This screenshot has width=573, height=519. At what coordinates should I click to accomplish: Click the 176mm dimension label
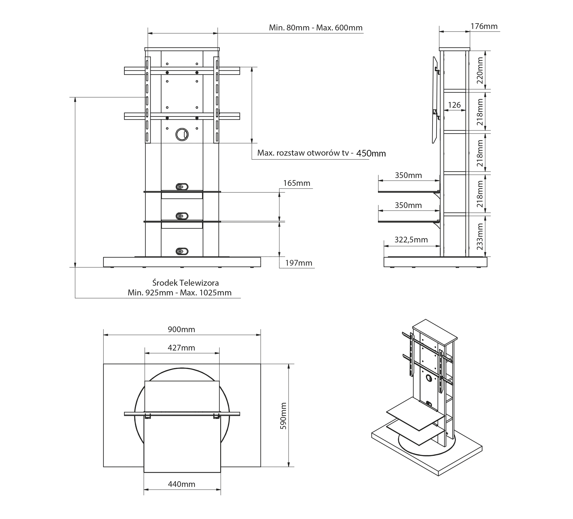tap(484, 26)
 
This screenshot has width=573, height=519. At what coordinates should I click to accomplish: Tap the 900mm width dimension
tap(181, 329)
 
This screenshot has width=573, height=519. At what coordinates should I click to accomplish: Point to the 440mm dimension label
tap(182, 484)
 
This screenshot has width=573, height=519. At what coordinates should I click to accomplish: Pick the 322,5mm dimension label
tap(411, 240)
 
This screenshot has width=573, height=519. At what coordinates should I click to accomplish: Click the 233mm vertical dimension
tap(480, 236)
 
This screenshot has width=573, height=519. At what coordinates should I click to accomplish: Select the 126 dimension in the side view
tap(454, 105)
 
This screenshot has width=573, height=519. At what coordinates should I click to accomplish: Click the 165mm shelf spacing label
tap(297, 183)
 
